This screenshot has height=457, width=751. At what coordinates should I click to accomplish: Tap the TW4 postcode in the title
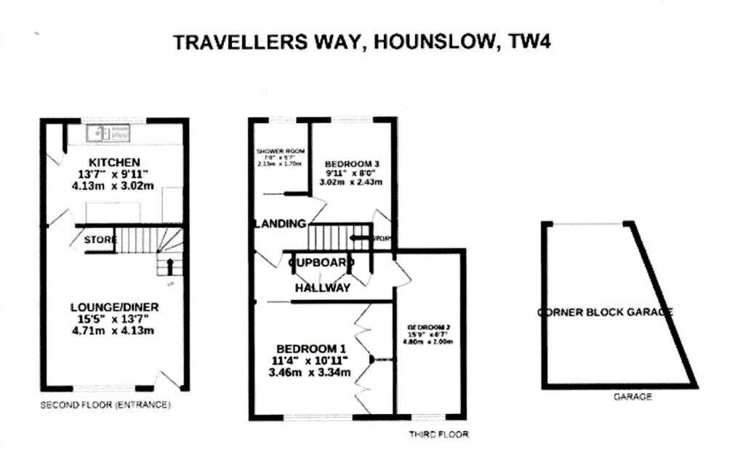point(530,42)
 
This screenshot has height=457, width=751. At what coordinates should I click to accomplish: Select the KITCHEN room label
point(114,162)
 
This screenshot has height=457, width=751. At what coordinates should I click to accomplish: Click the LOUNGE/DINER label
point(114,308)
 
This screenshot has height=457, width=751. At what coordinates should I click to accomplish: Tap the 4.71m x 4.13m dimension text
point(114,331)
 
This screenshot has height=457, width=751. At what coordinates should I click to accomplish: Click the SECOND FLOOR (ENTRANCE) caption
point(105,405)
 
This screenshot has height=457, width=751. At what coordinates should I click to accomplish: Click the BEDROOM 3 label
point(353,164)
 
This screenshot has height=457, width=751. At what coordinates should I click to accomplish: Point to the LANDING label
point(280,223)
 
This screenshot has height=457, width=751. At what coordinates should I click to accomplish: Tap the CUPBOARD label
point(321,262)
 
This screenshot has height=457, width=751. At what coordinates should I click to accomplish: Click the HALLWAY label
point(323,288)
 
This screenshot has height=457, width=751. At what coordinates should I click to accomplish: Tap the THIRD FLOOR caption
point(439,434)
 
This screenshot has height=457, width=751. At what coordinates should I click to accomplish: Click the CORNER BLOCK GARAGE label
point(605,312)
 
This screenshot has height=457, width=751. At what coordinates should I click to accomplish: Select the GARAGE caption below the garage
point(632,397)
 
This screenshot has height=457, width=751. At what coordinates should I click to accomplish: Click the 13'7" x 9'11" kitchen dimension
point(114,173)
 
